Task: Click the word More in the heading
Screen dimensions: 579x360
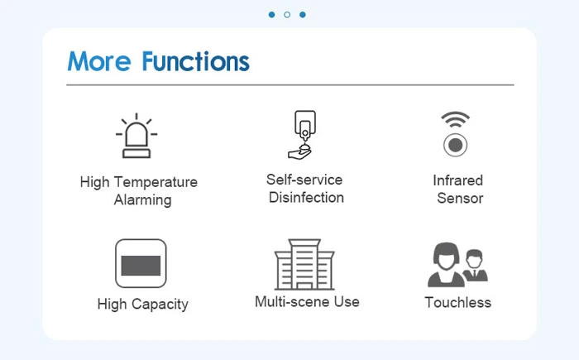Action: coord(99,61)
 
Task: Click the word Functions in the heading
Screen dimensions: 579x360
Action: coord(196,61)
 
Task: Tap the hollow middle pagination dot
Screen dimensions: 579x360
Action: coord(287,15)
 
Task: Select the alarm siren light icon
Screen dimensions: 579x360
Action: coord(136,136)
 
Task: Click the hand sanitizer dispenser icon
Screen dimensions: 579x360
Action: coord(303,135)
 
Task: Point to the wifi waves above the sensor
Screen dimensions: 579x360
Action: coord(455,119)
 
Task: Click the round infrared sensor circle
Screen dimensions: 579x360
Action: coord(455,145)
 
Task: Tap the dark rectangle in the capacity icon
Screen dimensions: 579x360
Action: coord(141,266)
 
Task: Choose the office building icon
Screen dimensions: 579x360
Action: coord(304,264)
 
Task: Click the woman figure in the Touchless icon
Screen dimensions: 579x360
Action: coord(446,265)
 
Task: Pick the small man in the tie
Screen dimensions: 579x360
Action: coord(476,266)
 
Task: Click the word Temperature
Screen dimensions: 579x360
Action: coord(156,182)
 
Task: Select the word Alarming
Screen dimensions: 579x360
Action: coord(142,200)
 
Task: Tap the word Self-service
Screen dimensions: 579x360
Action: coord(304,180)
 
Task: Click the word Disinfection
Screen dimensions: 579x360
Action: coord(306,197)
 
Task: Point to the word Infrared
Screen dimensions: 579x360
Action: coord(458,180)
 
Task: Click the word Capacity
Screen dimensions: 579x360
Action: coord(160,305)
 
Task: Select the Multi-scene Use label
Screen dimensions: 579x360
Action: coord(307,301)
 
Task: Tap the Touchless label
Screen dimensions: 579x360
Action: coord(458,302)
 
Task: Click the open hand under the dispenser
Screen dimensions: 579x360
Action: coord(299,152)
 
